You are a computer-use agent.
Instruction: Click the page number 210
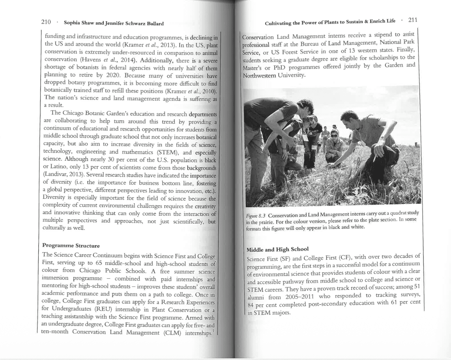click(x=46, y=22)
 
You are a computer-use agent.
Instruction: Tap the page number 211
click(x=413, y=20)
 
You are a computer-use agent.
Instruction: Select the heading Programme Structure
click(x=71, y=245)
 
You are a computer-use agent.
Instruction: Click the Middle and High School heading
click(x=278, y=249)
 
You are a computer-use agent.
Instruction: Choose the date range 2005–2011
click(x=299, y=297)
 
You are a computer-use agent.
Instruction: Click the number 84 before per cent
click(x=250, y=305)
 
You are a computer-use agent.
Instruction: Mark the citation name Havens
click(x=90, y=59)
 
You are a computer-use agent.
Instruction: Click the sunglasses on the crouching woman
click(x=335, y=135)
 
